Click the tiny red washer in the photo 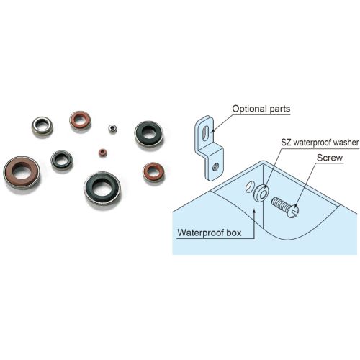(x=103, y=153)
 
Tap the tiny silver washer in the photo (x=112, y=129)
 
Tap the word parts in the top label (x=280, y=109)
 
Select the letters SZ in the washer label (x=287, y=143)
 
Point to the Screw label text (x=330, y=158)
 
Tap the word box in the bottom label (x=234, y=233)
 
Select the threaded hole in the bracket (x=215, y=166)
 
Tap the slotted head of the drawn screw (x=293, y=211)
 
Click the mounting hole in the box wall (x=249, y=187)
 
